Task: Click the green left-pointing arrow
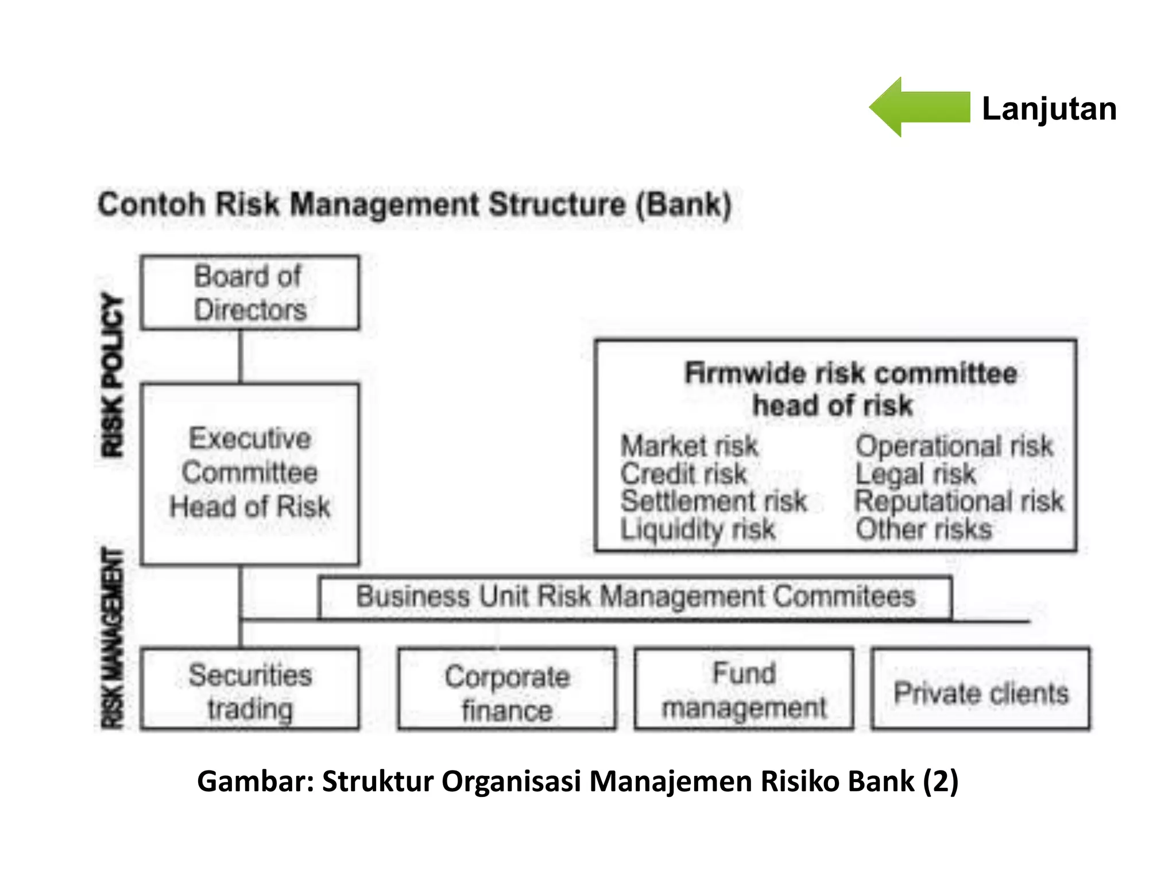click(919, 107)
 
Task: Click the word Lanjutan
click(1049, 109)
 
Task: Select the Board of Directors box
click(250, 293)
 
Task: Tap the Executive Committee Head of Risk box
click(250, 473)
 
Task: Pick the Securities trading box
click(250, 689)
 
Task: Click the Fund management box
click(744, 689)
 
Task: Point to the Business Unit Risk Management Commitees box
click(635, 597)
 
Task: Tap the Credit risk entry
click(683, 474)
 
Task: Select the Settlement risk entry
click(714, 501)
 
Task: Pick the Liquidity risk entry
click(698, 529)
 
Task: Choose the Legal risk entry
click(915, 474)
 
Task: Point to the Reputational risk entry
click(959, 501)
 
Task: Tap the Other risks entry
click(923, 529)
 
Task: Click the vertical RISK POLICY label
click(113, 376)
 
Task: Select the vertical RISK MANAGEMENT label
click(113, 637)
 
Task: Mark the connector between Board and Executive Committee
click(241, 357)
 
